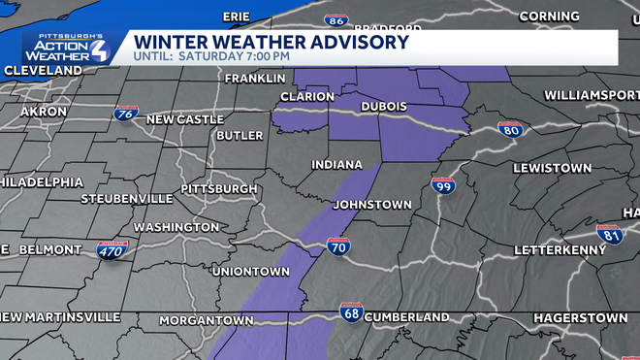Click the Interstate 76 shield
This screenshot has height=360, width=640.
pyautogui.click(x=123, y=115)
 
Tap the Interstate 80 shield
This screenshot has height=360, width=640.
pyautogui.click(x=510, y=130)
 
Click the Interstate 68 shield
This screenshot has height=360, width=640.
pyautogui.click(x=351, y=311)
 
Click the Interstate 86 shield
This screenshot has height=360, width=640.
pyautogui.click(x=336, y=20)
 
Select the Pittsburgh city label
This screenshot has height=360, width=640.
pyautogui.click(x=219, y=188)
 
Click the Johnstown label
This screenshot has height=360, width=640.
pyautogui.click(x=371, y=205)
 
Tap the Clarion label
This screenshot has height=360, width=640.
pyautogui.click(x=306, y=96)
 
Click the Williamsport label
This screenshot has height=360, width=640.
pyautogui.click(x=591, y=95)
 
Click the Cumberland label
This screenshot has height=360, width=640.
pyautogui.click(x=407, y=317)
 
